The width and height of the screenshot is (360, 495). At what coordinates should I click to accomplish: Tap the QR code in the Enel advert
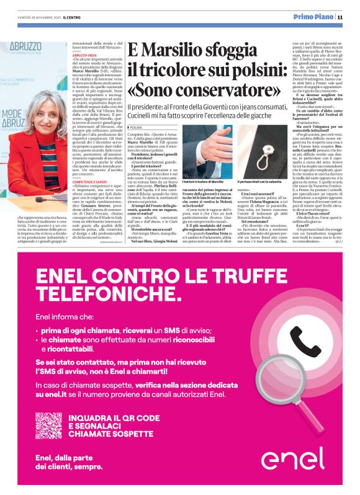point(48,426)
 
